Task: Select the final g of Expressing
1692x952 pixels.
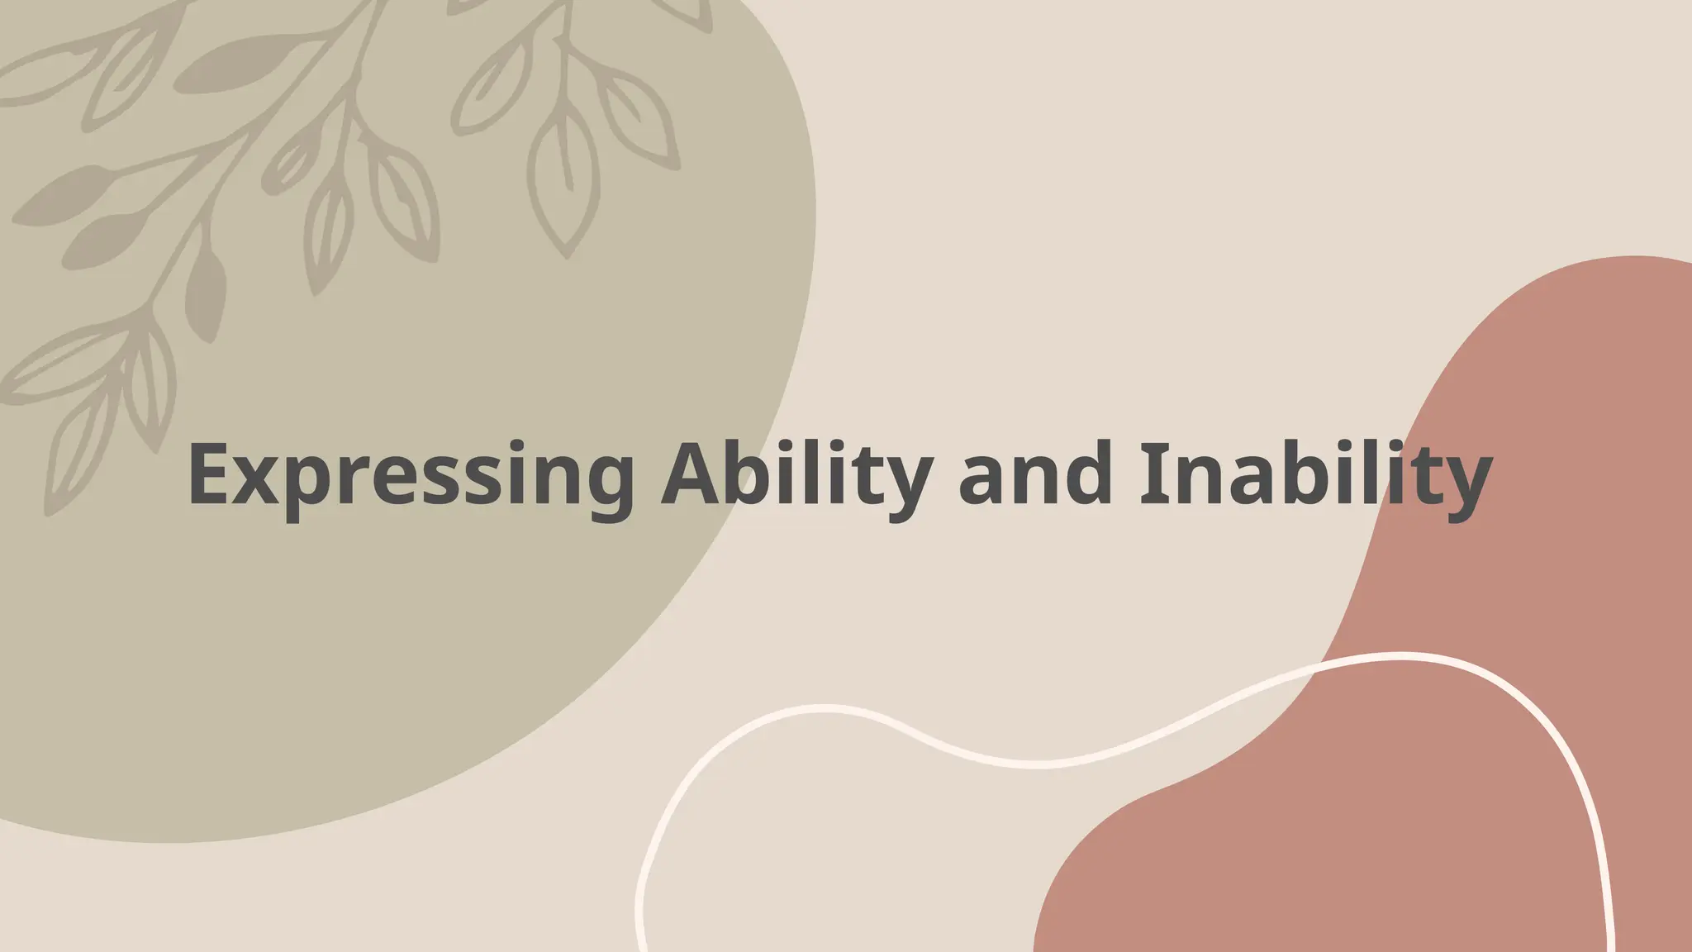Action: [x=603, y=488]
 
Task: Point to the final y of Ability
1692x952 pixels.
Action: [x=905, y=488]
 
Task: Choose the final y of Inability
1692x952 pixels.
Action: [x=1463, y=488]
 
